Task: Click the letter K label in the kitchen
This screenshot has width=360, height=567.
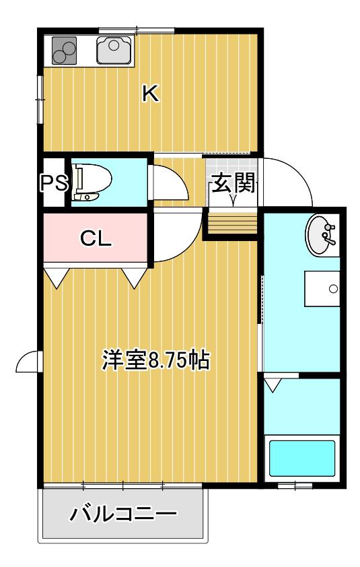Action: click(150, 94)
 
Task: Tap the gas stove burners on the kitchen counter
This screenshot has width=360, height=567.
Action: click(65, 51)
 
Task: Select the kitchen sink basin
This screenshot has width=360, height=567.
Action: click(114, 50)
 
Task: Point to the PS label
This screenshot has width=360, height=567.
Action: click(54, 182)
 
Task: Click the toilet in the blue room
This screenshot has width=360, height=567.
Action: click(91, 182)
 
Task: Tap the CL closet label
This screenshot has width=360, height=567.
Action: click(96, 238)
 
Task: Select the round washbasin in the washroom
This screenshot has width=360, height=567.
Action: click(322, 236)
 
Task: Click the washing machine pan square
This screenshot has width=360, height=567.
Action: click(322, 289)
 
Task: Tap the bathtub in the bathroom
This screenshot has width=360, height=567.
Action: click(302, 458)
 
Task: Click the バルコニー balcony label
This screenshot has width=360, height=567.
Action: click(123, 514)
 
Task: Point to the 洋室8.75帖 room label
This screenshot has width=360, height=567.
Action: click(156, 360)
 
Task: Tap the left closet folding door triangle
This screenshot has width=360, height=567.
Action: click(57, 277)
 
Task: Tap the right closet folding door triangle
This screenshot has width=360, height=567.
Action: click(135, 277)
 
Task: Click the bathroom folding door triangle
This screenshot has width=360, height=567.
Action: click(272, 385)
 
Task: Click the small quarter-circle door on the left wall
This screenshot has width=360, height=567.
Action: click(26, 361)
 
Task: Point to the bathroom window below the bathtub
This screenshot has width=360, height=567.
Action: click(295, 486)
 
